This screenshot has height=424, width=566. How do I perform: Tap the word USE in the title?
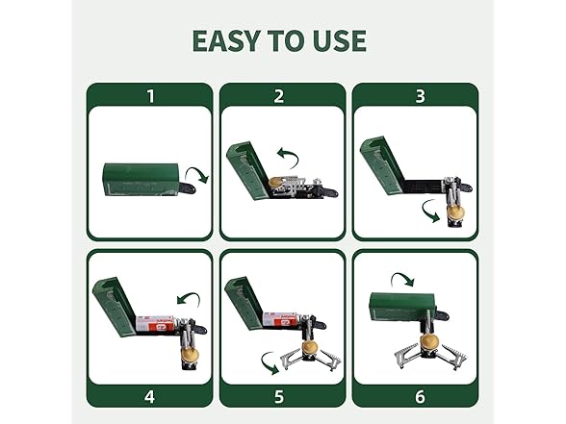(335, 41)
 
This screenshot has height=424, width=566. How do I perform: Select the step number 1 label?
(149, 95)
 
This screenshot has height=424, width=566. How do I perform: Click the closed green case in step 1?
(140, 178)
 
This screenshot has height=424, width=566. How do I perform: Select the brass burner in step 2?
(274, 184)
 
